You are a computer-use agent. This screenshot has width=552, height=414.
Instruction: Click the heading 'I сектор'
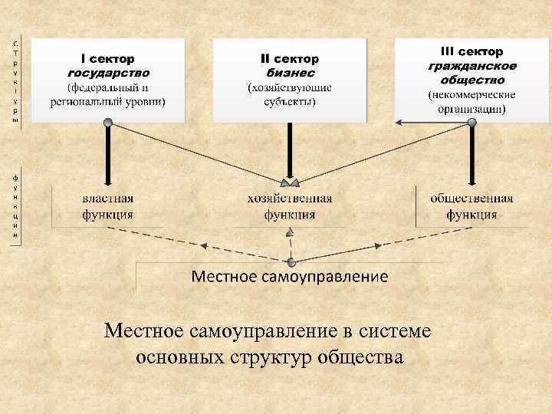[108, 58]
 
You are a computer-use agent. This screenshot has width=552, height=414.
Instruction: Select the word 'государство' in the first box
[108, 73]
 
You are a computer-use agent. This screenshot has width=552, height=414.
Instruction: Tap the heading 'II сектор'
[290, 58]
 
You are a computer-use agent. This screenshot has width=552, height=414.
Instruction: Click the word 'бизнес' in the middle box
[290, 73]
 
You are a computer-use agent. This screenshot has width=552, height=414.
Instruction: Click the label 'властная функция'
[108, 206]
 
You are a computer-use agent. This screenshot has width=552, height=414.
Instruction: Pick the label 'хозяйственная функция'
[290, 206]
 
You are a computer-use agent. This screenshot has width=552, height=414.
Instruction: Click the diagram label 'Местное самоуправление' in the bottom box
[289, 275]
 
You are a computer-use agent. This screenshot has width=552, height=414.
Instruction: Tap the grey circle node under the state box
[108, 122]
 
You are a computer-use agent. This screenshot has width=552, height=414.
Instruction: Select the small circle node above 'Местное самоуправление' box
[291, 261]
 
